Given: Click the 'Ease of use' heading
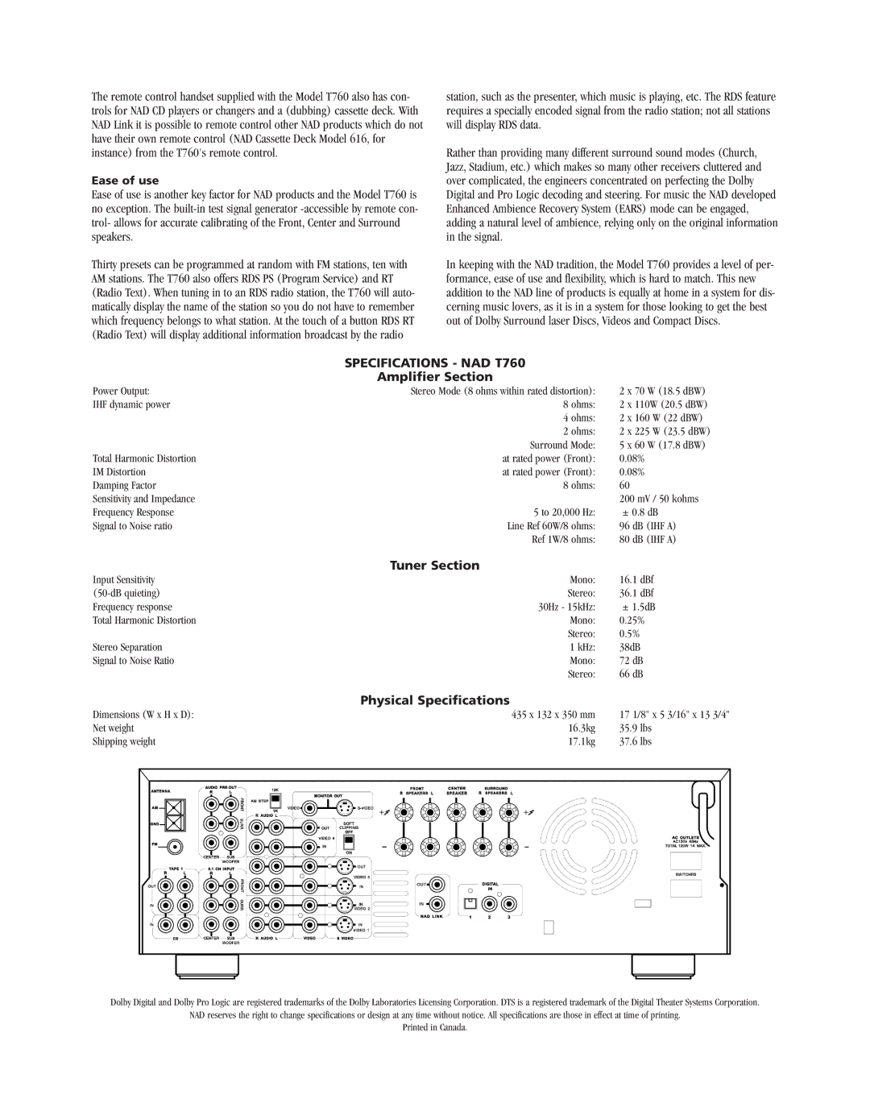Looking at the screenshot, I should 125,180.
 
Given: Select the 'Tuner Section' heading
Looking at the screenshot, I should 434,566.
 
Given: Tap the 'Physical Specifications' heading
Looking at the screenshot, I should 434,700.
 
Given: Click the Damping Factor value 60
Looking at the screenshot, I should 624,486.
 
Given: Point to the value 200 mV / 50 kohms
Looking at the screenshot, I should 659,499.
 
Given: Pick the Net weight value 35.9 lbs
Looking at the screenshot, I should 635,728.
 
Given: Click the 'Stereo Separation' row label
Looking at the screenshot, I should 127,647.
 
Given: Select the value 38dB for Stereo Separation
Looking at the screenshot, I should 629,647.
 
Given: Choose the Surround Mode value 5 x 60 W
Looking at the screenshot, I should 661,445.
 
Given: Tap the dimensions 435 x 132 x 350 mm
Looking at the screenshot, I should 553,715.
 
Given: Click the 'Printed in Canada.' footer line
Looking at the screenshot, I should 434,1027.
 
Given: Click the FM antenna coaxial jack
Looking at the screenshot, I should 174,847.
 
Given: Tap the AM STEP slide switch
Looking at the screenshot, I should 275,801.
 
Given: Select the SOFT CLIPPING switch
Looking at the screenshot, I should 349,841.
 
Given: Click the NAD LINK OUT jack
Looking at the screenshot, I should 436,884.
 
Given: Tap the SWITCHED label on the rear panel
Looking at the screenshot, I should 686,873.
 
